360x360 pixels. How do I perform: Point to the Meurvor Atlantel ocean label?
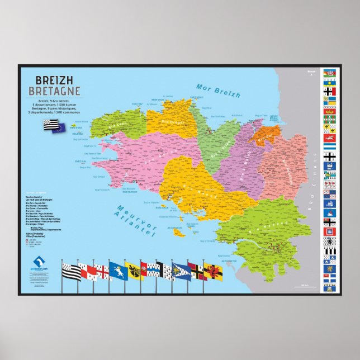coord(135,221)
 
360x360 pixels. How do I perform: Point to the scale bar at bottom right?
coord(305,286)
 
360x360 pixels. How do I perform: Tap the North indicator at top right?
coord(311,72)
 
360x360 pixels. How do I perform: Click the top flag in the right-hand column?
coord(329,72)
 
